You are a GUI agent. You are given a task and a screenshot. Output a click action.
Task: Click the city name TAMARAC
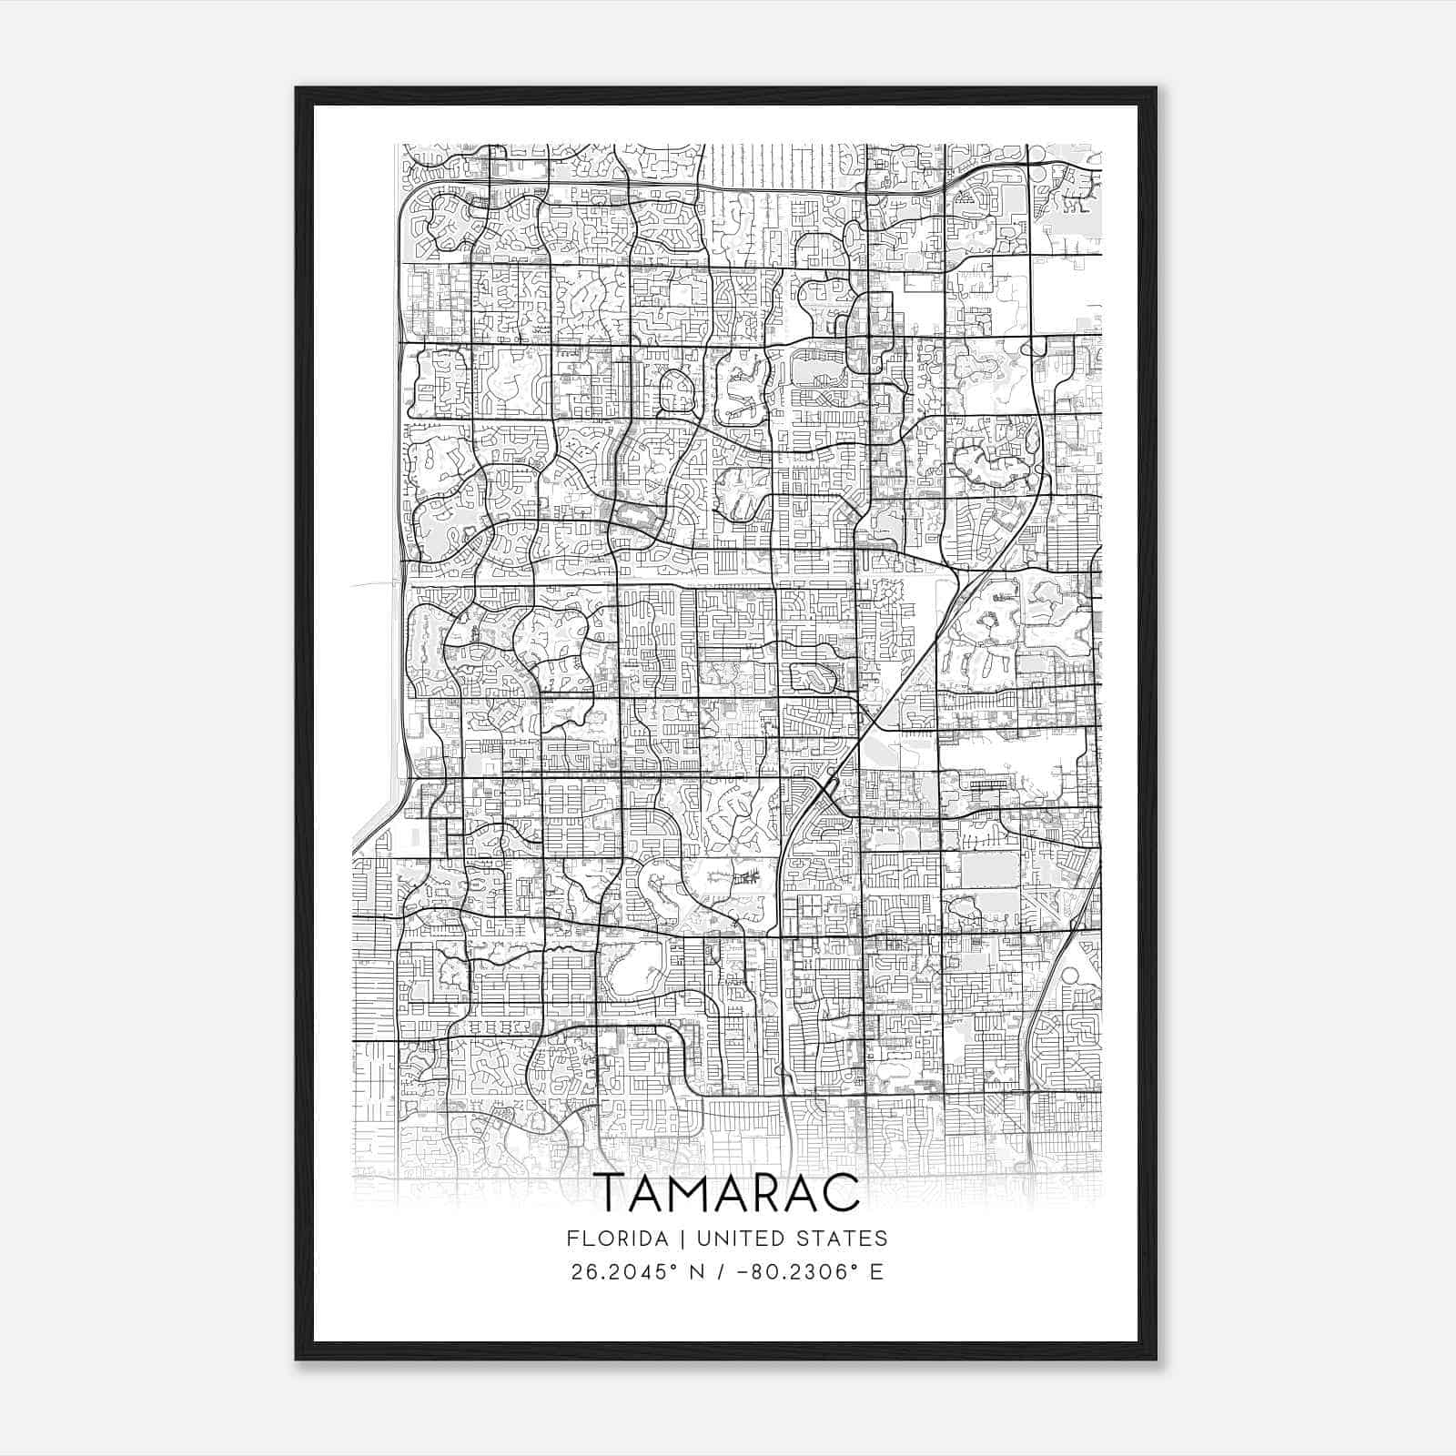[x=727, y=1191]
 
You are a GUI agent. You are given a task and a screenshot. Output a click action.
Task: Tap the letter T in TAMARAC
[x=611, y=1192]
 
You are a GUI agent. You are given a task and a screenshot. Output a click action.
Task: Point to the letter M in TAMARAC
[x=690, y=1192]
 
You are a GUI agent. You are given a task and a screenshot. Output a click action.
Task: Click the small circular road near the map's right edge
[x=1070, y=976]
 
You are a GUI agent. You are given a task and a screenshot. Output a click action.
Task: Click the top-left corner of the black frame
[x=297, y=88]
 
